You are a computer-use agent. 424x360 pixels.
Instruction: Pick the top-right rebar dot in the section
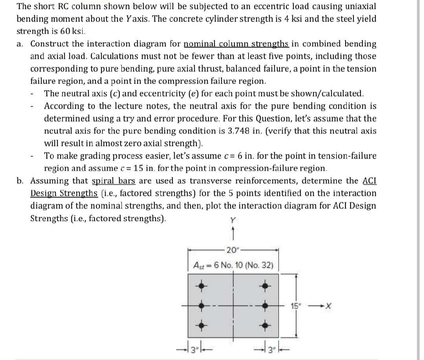266,286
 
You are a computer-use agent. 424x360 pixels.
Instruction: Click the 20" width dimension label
230,250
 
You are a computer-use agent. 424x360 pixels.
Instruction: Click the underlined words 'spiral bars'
113,181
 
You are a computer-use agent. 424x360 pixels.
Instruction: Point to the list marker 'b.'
21,181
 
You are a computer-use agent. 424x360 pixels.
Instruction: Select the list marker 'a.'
21,44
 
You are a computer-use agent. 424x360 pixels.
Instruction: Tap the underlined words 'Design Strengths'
64,194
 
